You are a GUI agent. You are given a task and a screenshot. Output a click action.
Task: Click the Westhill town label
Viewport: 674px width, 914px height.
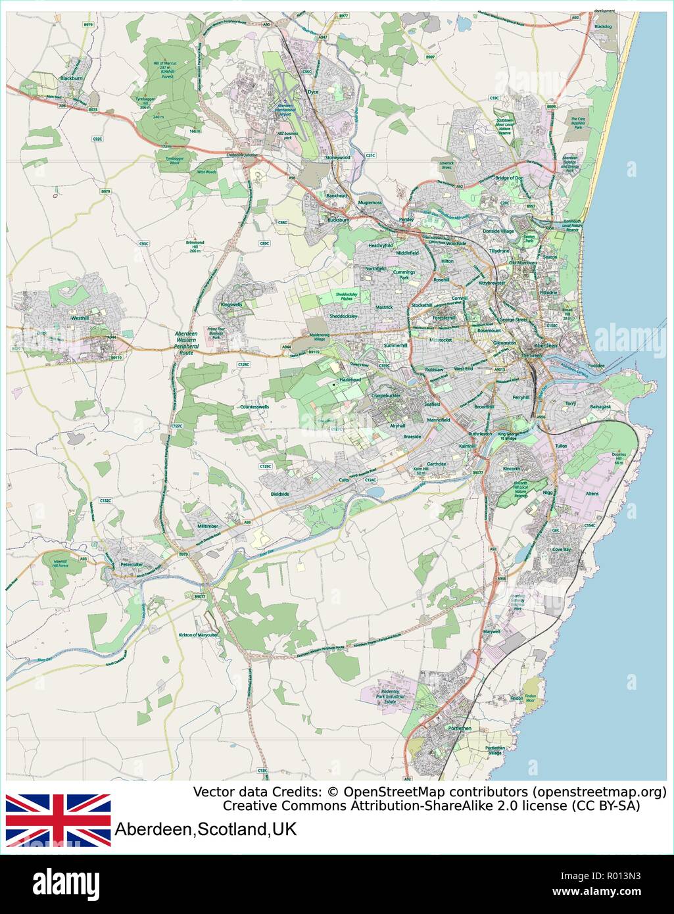[x=80, y=318]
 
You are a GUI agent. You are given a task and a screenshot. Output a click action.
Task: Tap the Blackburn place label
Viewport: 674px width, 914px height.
[x=70, y=78]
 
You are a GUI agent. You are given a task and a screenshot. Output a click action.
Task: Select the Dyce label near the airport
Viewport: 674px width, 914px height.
[x=313, y=92]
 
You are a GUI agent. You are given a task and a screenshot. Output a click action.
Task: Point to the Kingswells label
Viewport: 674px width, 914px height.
[x=231, y=305]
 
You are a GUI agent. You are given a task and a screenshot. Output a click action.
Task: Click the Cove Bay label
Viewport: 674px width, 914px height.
[x=562, y=549]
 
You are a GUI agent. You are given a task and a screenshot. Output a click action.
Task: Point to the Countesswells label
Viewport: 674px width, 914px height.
[x=254, y=407]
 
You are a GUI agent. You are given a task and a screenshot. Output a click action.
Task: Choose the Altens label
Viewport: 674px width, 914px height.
[x=592, y=493]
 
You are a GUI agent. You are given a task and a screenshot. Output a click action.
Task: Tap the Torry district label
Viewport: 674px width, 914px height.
[x=570, y=404]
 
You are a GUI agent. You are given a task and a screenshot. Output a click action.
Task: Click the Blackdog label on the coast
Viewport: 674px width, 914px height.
[x=603, y=26]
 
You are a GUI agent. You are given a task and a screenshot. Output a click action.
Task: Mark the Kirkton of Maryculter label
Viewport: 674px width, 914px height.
[x=198, y=635]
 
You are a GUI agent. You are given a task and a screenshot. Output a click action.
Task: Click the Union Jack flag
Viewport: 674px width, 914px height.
[x=58, y=820]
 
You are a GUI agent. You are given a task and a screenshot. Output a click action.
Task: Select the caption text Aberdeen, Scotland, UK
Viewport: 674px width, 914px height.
[x=206, y=829]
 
